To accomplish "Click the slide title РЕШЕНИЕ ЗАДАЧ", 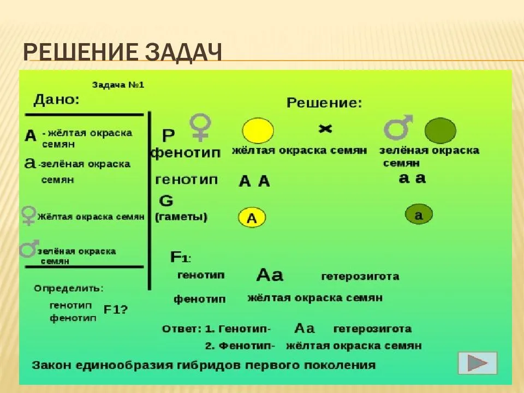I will pos(122,55).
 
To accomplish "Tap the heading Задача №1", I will pos(118,85).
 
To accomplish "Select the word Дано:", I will pos(56,100).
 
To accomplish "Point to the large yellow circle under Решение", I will pos(258,131).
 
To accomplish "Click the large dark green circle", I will pos(440,131).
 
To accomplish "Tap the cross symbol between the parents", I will pos(325,129).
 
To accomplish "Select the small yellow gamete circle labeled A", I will pos(252,218).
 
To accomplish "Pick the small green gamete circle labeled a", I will pos(418,215).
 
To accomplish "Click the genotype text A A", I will pos(255,181).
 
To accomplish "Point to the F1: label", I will pos(181,257).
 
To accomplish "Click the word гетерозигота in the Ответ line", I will pos(372,329).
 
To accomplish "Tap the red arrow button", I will pos(478,363).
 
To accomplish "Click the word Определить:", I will pos(69,288).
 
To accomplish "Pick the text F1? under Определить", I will pos(116,309).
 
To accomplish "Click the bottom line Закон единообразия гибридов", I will pos(204,365).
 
